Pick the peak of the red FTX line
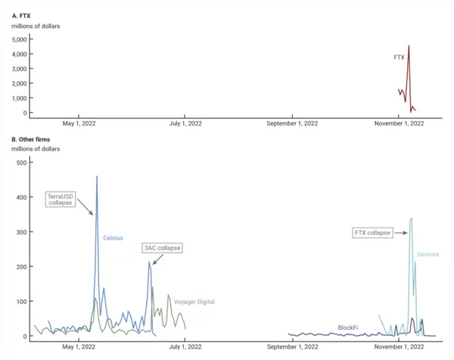[409, 45]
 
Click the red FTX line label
[399, 57]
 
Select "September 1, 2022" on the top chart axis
[293, 123]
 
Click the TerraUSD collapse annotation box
[59, 200]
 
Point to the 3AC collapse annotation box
[163, 248]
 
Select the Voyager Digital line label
[194, 302]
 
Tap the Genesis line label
[428, 255]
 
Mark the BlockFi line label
[349, 327]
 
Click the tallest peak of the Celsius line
[97, 177]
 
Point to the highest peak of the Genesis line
[411, 219]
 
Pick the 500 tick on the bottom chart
[21, 163]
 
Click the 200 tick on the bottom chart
[21, 267]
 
